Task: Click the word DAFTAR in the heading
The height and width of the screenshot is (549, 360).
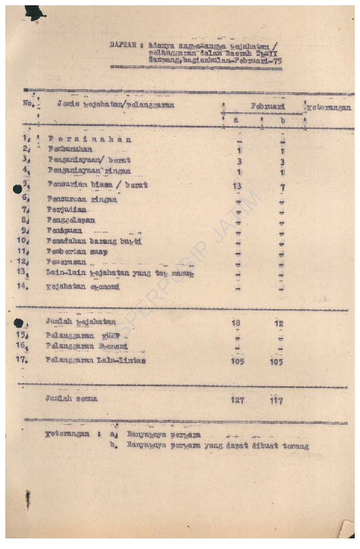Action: pyautogui.click(x=123, y=44)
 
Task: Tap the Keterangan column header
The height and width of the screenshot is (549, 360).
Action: pyautogui.click(x=329, y=108)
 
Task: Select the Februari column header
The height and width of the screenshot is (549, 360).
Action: pyautogui.click(x=268, y=106)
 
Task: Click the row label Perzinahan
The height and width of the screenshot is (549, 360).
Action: pyautogui.click(x=90, y=139)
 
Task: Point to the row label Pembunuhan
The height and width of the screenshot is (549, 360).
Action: pyautogui.click(x=74, y=149)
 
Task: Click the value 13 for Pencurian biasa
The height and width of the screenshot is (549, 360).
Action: pyautogui.click(x=238, y=186)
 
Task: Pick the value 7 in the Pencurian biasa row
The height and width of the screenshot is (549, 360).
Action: pyautogui.click(x=282, y=187)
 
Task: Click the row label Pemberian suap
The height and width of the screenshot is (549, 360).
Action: pyautogui.click(x=74, y=252)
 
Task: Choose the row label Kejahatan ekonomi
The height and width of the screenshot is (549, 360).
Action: pyautogui.click(x=82, y=287)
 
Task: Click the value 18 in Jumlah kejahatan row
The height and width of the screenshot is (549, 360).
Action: pyautogui.click(x=237, y=323)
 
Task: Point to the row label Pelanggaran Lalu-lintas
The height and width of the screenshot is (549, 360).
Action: pyautogui.click(x=96, y=360)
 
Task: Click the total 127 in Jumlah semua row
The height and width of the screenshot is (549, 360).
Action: pyautogui.click(x=238, y=401)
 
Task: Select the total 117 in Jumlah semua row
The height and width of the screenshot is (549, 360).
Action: pyautogui.click(x=276, y=401)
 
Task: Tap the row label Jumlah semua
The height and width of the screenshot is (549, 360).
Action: pyautogui.click(x=71, y=399)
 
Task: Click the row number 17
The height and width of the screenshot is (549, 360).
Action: pyautogui.click(x=22, y=359)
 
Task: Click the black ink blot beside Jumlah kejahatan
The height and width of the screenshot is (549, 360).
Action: pyautogui.click(x=18, y=323)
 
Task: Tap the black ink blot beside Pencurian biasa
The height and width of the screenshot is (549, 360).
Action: pyautogui.click(x=18, y=189)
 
